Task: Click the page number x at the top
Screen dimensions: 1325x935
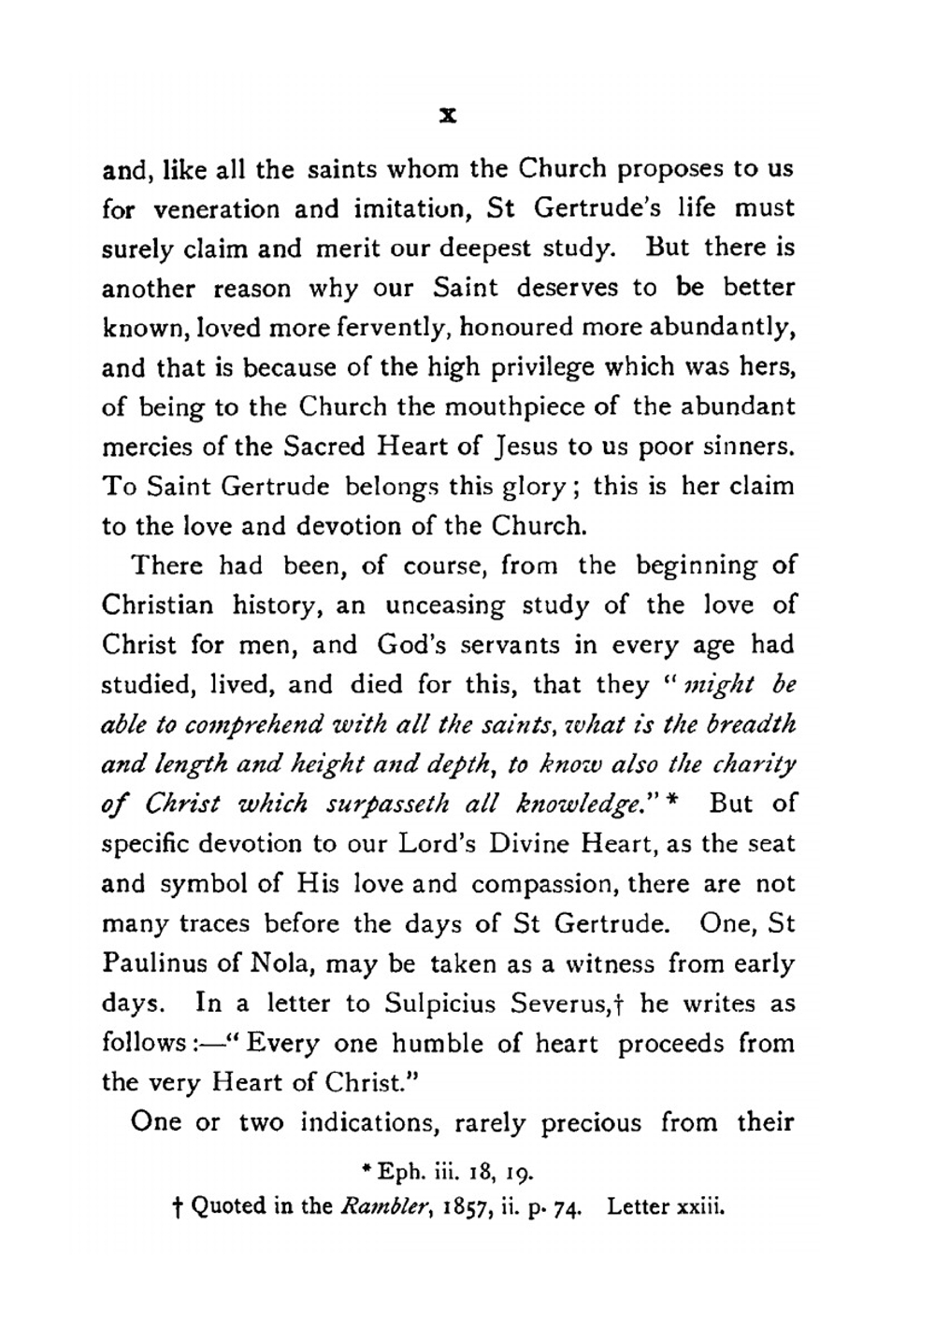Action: [x=448, y=116]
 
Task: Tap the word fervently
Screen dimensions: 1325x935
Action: [x=382, y=328]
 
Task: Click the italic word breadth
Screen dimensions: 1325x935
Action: [x=749, y=725]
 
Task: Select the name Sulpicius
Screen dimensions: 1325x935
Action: [x=442, y=1004]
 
